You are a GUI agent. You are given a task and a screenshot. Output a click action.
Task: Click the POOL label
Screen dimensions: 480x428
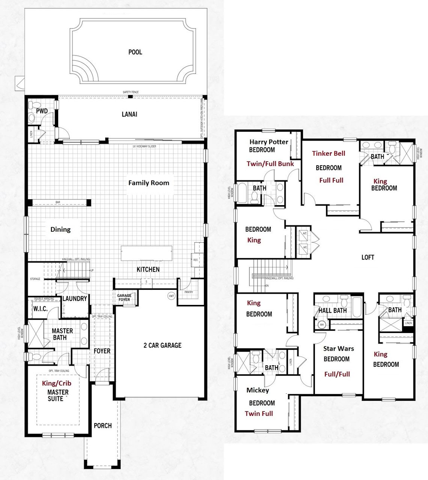135,52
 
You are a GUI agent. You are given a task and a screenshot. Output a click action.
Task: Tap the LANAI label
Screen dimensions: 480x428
129,114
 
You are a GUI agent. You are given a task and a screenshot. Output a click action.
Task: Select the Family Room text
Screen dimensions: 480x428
149,183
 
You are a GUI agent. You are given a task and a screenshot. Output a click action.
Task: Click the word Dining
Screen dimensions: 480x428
60,229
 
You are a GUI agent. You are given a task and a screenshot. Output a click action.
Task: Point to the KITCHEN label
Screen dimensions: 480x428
148,269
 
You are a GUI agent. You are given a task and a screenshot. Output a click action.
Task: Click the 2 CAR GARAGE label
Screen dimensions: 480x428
162,345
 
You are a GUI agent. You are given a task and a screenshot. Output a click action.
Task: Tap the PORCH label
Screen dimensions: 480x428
102,426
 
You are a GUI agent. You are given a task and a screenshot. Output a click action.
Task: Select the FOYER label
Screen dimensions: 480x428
102,351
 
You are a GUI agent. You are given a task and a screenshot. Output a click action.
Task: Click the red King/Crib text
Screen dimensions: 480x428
56,383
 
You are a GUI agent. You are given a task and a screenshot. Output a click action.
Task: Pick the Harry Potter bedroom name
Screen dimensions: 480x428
268,142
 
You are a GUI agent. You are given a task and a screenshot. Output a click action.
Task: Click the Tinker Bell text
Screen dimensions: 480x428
329,153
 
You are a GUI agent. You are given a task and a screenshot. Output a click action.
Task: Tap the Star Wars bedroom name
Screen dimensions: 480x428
338,349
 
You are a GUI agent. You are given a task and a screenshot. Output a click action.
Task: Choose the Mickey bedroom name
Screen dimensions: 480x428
258,390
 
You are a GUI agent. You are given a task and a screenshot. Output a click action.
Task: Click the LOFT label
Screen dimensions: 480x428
368,257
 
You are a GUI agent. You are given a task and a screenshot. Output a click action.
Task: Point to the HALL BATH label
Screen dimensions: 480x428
332,310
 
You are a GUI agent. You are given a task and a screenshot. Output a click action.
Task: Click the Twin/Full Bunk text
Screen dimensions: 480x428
270,163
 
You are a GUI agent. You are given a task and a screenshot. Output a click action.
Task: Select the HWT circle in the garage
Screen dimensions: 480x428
172,296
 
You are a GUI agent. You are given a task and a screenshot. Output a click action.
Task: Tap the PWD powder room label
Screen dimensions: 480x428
42,111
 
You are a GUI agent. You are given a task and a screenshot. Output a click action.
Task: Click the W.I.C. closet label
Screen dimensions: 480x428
40,309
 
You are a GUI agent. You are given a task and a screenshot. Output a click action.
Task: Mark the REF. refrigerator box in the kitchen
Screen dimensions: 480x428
195,260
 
